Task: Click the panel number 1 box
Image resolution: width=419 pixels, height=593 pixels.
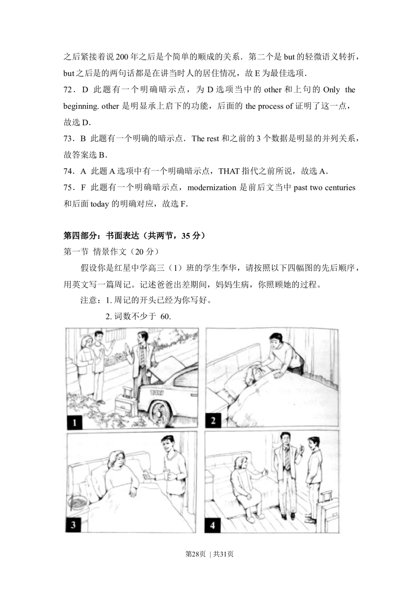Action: [x=75, y=422]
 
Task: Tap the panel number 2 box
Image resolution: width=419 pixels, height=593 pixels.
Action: [x=213, y=420]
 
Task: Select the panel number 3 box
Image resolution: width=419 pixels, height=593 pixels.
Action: [x=73, y=525]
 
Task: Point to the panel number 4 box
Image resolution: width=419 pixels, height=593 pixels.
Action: [x=212, y=525]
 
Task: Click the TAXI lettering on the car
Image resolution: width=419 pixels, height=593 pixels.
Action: [x=157, y=393]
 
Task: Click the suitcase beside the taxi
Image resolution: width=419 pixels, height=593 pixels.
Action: [x=125, y=404]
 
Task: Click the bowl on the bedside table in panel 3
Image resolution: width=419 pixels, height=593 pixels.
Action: [x=78, y=501]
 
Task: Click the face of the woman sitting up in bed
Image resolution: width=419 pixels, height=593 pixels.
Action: [x=117, y=462]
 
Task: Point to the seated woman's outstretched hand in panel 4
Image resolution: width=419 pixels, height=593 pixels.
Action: [x=264, y=473]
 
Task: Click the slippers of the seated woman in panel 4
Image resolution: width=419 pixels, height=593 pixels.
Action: [x=255, y=518]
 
